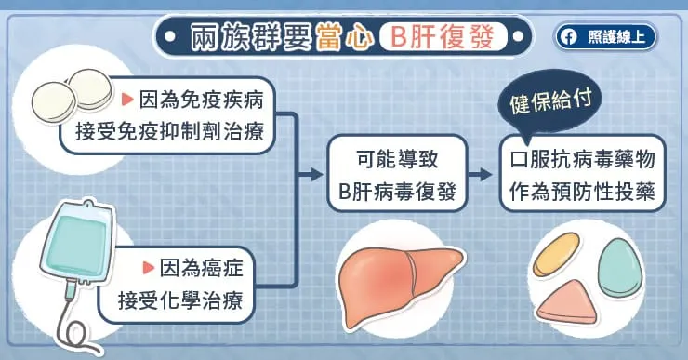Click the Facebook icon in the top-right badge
point(568,37)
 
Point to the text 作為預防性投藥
point(585,193)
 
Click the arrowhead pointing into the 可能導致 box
point(313,174)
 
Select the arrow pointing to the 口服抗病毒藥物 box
point(481,174)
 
